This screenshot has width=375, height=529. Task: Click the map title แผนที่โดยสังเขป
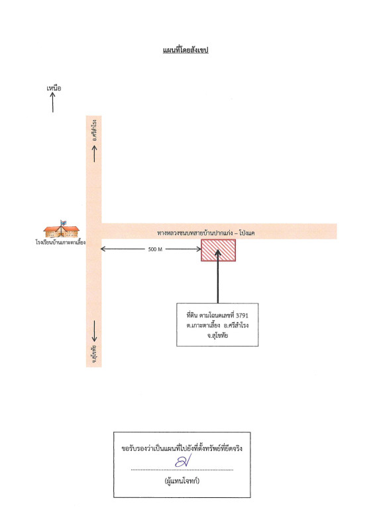[x=186, y=50]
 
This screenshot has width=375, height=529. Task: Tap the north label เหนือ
[x=54, y=89]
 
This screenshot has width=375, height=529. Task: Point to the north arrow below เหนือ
[x=53, y=102]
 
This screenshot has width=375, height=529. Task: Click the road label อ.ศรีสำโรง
[x=95, y=130]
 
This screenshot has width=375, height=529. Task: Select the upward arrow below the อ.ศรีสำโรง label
[x=95, y=153]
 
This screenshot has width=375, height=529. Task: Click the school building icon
[x=61, y=229]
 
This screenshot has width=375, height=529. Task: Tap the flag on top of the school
[x=63, y=223]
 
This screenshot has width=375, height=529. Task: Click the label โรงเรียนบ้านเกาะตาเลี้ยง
[x=60, y=242]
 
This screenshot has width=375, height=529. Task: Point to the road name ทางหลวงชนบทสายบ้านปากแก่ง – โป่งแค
[x=205, y=233]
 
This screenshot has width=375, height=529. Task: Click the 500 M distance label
[x=155, y=249]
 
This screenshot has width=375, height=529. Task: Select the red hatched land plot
[x=219, y=251]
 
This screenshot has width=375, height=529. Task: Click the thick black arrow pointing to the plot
[x=218, y=276]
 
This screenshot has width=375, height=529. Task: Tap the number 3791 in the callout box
[x=242, y=315]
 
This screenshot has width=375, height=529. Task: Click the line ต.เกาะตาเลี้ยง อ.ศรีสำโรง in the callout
[x=217, y=325]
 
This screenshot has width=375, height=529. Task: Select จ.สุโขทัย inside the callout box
[x=217, y=336]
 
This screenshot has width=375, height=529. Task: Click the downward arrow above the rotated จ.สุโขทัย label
[x=95, y=331]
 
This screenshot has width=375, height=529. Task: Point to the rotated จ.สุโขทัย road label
[x=95, y=354]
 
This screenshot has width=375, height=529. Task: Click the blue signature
[x=184, y=460]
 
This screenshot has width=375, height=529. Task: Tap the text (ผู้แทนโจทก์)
[x=182, y=481]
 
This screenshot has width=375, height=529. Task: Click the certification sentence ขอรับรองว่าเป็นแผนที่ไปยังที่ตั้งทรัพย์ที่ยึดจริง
[x=182, y=448]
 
